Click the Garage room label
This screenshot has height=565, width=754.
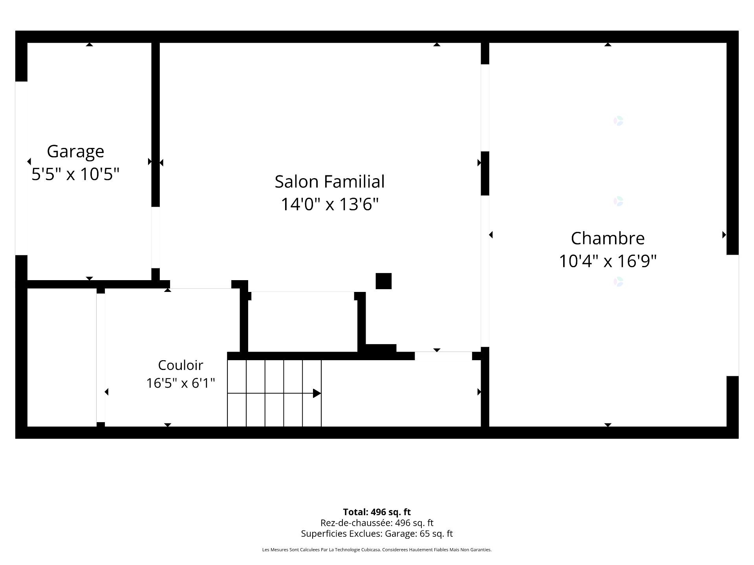75,152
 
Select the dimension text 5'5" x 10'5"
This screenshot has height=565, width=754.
75,174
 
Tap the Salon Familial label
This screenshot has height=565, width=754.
329,182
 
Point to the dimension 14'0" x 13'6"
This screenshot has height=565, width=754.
329,204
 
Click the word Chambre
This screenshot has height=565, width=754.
608,238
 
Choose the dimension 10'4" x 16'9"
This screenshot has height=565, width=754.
608,261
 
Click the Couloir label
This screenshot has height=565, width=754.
181,365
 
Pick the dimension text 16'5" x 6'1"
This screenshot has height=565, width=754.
181,383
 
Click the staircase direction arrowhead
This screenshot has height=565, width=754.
317,393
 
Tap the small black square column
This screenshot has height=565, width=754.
384,281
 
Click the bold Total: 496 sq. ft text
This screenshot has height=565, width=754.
377,512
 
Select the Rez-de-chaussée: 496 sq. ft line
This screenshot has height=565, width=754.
377,523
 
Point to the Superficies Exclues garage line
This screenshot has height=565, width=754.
377,534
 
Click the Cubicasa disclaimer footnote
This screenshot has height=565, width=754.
377,550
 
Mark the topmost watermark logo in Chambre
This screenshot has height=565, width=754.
619,121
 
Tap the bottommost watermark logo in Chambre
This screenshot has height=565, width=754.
619,282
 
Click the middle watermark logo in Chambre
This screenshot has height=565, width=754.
619,201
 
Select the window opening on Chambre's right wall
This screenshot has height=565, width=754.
733,315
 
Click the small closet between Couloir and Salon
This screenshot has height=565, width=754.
303,322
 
